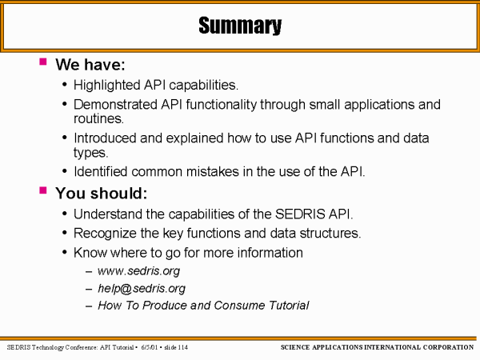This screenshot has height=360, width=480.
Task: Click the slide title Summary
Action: point(240,26)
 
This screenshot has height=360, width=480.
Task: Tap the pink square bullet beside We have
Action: point(43,62)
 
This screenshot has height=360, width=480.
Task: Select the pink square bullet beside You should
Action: point(43,190)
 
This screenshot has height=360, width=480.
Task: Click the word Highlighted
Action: point(106,86)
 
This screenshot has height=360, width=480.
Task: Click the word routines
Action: point(98,118)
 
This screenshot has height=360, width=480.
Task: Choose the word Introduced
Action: point(105,138)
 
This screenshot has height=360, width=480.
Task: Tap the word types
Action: point(90,153)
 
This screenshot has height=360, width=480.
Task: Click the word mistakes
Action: point(213,171)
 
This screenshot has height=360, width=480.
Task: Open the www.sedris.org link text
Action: point(138,271)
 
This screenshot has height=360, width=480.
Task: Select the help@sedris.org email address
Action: point(142,288)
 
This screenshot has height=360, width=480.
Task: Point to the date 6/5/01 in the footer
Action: point(149,347)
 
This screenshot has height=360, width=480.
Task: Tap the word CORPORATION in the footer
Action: point(449,347)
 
